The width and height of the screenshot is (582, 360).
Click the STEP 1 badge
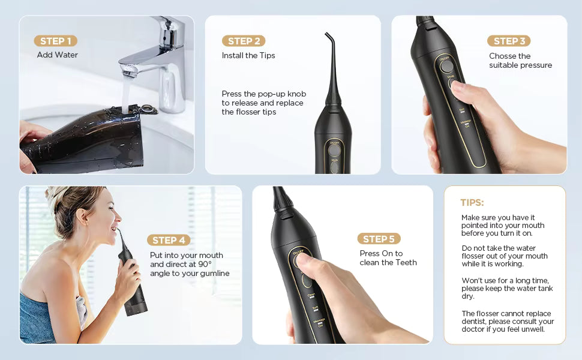pyautogui.click(x=55, y=41)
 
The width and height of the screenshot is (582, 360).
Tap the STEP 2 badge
pyautogui.click(x=244, y=41)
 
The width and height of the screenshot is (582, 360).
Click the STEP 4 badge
pyautogui.click(x=169, y=240)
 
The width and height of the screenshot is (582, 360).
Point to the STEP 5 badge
pyautogui.click(x=379, y=239)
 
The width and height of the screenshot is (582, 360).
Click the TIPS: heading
pyautogui.click(x=472, y=203)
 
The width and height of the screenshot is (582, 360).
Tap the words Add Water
pyautogui.click(x=58, y=55)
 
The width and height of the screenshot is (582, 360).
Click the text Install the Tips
pyautogui.click(x=248, y=55)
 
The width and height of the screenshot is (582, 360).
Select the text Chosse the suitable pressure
pyautogui.click(x=520, y=61)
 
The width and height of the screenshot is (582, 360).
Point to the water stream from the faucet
pyautogui.click(x=126, y=93)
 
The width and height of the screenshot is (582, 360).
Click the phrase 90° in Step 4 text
pyautogui.click(x=205, y=264)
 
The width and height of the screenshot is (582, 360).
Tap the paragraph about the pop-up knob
pyautogui.click(x=263, y=103)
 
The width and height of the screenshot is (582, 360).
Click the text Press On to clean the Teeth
pyautogui.click(x=388, y=258)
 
